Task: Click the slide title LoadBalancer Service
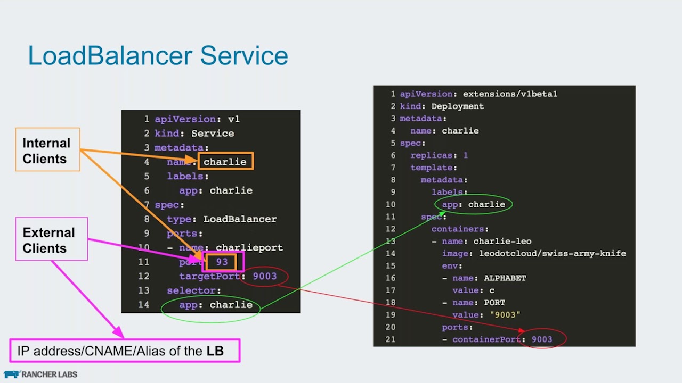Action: point(158,56)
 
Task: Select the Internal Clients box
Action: point(47,150)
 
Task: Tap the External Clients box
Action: point(51,239)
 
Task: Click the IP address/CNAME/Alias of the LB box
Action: point(125,351)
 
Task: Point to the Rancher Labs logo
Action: point(40,374)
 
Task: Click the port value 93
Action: point(222,262)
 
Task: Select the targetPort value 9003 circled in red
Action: point(265,276)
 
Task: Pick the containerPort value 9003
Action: point(542,339)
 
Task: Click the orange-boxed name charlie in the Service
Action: point(225,162)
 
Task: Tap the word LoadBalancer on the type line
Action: point(240,219)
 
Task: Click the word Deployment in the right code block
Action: point(457,106)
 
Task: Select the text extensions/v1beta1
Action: point(510,94)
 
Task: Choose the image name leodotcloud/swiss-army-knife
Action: point(553,253)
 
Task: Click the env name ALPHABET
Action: point(505,278)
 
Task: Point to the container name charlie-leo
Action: point(502,241)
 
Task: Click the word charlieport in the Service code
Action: point(249,247)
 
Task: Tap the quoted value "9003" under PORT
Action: point(505,315)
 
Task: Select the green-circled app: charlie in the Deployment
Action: point(474,204)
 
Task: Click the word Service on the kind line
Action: point(213,133)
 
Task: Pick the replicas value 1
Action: point(465,155)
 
